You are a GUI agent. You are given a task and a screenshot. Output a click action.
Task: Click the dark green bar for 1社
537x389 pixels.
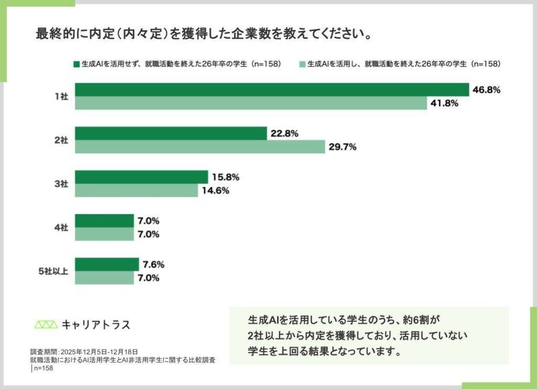(272, 90)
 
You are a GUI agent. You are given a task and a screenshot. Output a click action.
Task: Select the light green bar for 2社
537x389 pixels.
(200, 147)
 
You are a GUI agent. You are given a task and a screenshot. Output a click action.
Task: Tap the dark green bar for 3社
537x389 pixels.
(142, 177)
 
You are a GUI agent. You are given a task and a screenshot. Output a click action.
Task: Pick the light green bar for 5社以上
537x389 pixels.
(104, 278)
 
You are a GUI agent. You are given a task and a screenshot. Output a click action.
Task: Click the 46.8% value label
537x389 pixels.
(486, 90)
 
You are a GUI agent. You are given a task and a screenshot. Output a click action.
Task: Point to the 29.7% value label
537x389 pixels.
(342, 147)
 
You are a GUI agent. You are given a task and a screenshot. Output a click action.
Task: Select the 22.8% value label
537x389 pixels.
(284, 134)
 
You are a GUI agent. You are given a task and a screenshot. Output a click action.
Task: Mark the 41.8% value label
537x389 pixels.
(444, 103)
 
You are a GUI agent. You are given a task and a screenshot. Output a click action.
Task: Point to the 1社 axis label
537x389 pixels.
(61, 97)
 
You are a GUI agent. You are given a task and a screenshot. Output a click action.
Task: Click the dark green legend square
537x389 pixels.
(77, 64)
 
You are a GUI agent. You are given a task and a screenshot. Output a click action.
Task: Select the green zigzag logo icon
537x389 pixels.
(46, 325)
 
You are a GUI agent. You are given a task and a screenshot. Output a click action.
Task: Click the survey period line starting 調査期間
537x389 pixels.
(84, 352)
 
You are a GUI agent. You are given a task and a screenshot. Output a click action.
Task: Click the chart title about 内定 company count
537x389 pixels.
(204, 34)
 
